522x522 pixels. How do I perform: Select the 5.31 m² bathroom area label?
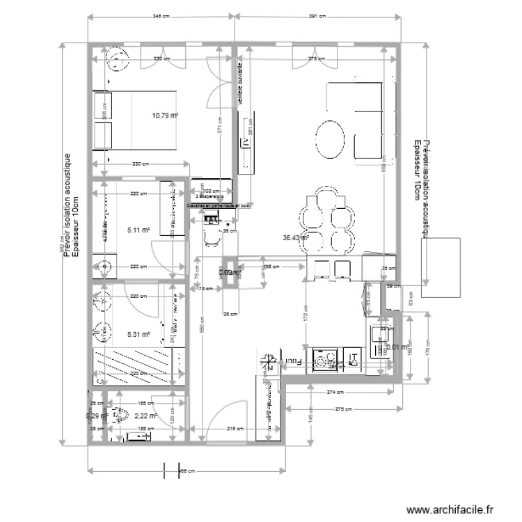click(x=139, y=333)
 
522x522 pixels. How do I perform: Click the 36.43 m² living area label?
click(x=295, y=237)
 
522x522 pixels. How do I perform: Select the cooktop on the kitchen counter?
click(x=325, y=360)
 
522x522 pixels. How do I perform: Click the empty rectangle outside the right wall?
click(x=441, y=267)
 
